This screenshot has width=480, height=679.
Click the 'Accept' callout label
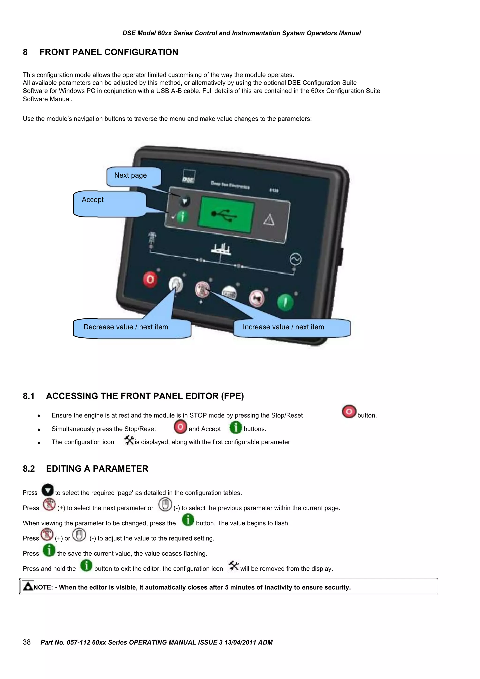click(x=93, y=200)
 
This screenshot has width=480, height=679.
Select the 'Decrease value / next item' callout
click(x=126, y=327)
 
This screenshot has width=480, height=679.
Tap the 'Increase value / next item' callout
click(x=283, y=327)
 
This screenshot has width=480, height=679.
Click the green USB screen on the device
click(x=226, y=215)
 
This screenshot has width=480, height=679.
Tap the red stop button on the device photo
click(x=150, y=279)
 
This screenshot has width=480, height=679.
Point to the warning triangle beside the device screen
click(x=269, y=220)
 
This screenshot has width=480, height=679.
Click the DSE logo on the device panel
click(x=188, y=177)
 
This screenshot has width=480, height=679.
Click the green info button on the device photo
click(x=183, y=217)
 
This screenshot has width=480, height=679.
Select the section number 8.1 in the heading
click(x=29, y=396)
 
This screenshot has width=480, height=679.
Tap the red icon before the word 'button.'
click(x=349, y=412)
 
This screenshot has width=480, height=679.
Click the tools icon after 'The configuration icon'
click(x=129, y=440)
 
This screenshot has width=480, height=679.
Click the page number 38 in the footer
click(x=27, y=642)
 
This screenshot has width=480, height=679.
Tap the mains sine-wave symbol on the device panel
click(x=295, y=259)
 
